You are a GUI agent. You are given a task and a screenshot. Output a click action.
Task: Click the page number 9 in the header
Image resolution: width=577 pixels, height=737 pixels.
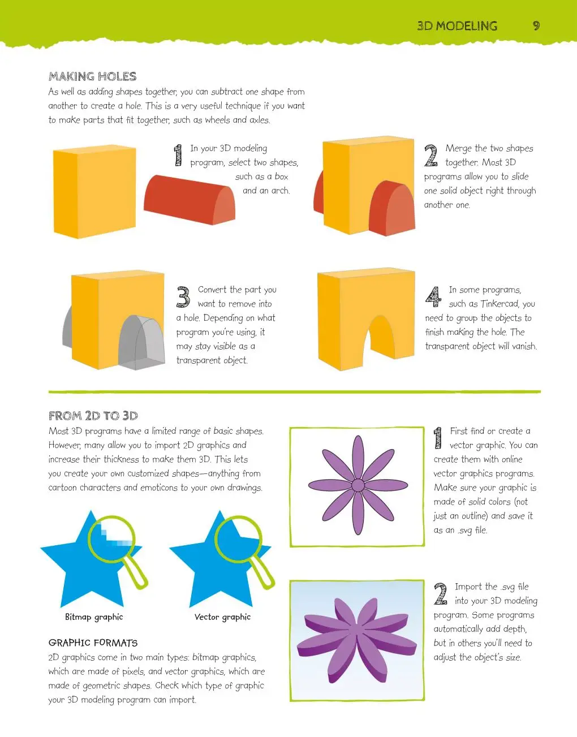pyautogui.click(x=536, y=26)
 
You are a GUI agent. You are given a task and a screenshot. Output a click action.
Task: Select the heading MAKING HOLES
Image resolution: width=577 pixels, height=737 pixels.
pyautogui.click(x=92, y=76)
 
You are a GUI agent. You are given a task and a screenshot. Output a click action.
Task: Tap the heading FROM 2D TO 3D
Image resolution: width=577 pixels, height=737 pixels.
pyautogui.click(x=93, y=416)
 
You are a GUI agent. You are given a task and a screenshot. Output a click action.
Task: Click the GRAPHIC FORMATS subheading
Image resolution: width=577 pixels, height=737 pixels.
pyautogui.click(x=93, y=643)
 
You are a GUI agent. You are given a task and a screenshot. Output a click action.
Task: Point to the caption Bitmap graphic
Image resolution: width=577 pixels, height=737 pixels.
pyautogui.click(x=94, y=617)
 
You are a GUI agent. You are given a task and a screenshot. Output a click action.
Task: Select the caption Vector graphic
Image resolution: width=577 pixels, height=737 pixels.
pyautogui.click(x=222, y=617)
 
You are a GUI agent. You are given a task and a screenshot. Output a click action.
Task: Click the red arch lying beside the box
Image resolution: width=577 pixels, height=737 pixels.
pyautogui.click(x=190, y=200)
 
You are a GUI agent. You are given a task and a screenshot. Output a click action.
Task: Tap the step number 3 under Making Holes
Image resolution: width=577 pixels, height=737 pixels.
pyautogui.click(x=183, y=297)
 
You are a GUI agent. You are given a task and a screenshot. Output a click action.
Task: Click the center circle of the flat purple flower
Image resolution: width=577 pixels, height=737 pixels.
pyautogui.click(x=358, y=485)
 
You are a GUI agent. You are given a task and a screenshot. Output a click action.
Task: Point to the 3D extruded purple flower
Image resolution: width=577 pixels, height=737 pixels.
pyautogui.click(x=356, y=640)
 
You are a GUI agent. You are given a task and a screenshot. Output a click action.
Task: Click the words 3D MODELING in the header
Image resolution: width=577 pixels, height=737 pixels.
pyautogui.click(x=457, y=26)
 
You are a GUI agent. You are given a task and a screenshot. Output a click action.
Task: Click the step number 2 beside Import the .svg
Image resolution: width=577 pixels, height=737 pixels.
pyautogui.click(x=441, y=594)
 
